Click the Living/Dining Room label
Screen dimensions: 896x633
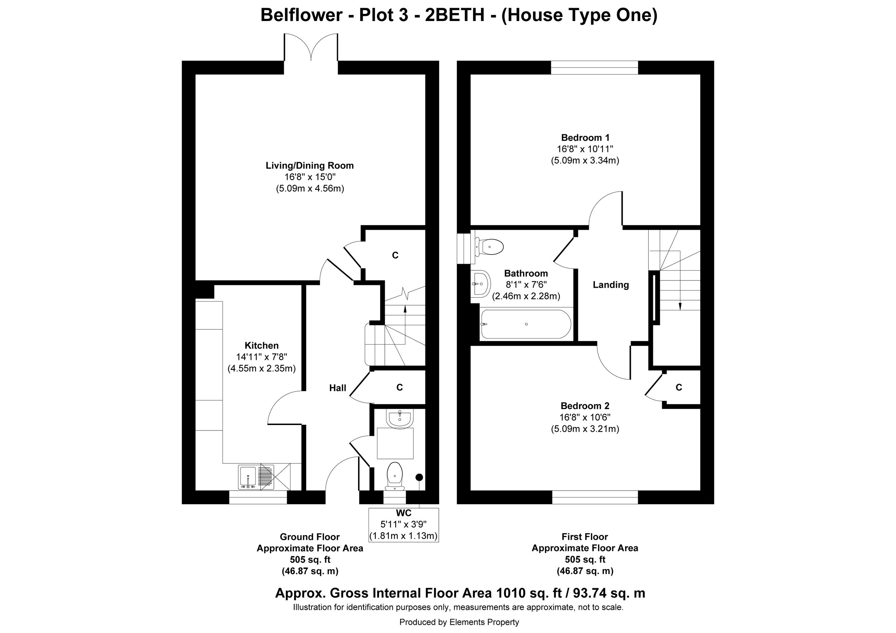(x=310, y=165)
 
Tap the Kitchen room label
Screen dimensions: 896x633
(x=261, y=346)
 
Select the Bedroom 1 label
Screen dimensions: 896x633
(x=585, y=138)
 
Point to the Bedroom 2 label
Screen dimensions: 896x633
(x=585, y=406)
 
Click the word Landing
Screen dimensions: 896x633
(x=611, y=285)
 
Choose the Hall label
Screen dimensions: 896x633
(x=338, y=388)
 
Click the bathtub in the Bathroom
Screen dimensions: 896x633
(x=526, y=324)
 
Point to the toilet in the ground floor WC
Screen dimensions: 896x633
(x=395, y=476)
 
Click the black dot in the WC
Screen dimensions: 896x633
(x=419, y=477)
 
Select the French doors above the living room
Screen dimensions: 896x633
(x=311, y=47)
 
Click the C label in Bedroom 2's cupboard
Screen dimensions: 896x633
(x=679, y=387)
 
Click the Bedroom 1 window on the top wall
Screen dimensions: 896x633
(x=594, y=68)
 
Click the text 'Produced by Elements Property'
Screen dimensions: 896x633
(x=459, y=622)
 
